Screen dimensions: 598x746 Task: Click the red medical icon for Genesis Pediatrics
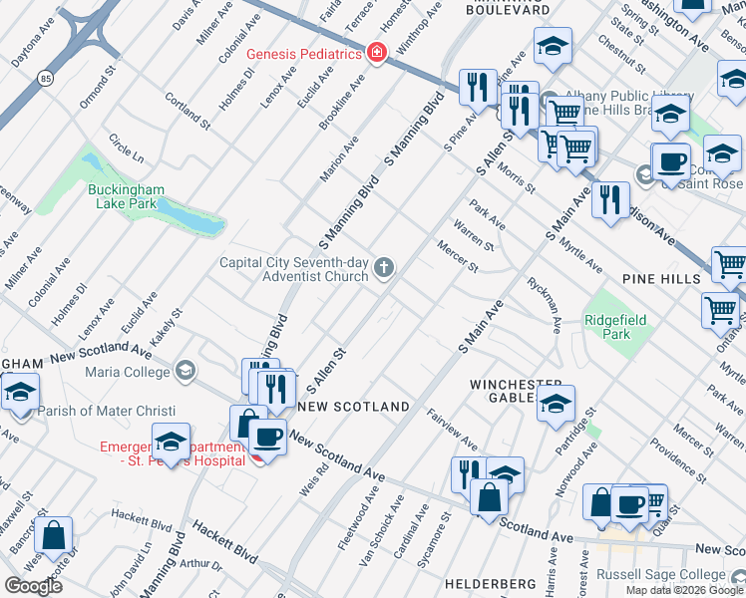tap(376, 54)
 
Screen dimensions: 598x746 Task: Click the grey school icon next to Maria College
tap(184, 372)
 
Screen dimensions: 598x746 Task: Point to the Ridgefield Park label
tap(616, 327)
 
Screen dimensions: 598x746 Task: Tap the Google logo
tap(33, 585)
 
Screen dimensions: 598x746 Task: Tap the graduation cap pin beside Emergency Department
tap(172, 440)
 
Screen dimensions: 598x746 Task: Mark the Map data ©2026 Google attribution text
tap(684, 590)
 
